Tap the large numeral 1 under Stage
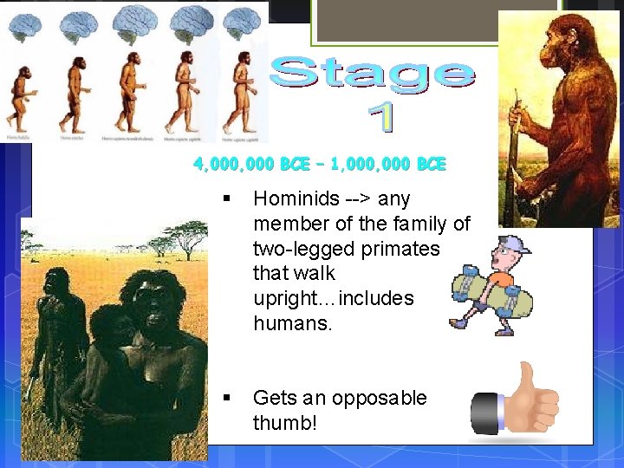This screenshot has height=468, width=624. [x=379, y=117]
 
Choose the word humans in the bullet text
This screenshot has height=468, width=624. [x=291, y=323]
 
